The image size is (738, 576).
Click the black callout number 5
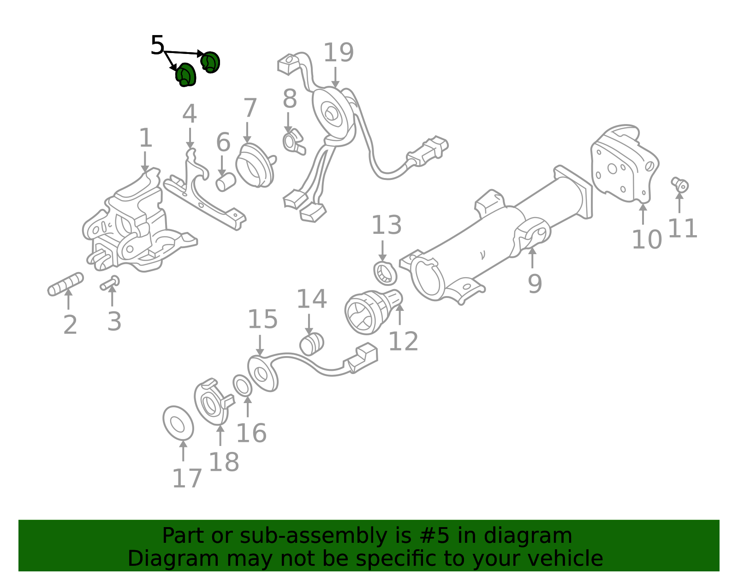(157, 45)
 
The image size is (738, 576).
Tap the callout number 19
(339, 53)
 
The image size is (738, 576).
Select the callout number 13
(387, 225)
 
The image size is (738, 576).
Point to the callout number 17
(187, 478)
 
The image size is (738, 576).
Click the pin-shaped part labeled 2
(65, 284)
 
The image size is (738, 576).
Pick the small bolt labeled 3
(110, 283)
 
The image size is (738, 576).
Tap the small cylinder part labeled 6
(226, 182)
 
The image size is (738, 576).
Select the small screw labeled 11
(680, 184)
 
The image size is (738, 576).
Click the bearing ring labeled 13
(385, 273)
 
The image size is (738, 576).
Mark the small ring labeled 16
(243, 385)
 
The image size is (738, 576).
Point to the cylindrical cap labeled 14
(311, 344)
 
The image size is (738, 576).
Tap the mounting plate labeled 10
(624, 164)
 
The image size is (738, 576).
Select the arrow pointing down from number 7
(247, 133)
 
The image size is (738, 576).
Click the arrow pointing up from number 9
(532, 258)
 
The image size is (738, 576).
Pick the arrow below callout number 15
(260, 345)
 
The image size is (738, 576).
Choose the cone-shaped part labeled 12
(373, 312)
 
